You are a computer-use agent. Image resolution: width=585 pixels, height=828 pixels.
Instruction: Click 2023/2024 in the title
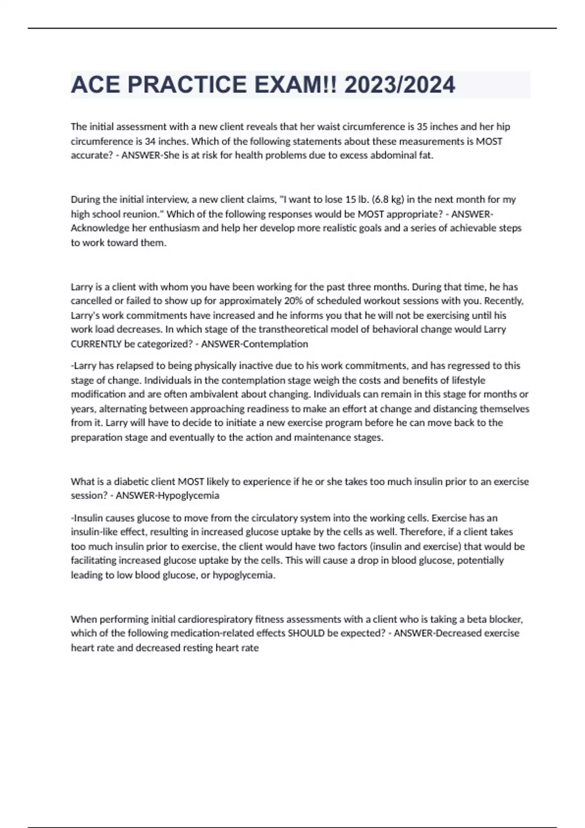[400, 85]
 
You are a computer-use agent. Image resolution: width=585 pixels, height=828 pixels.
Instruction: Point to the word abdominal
[379, 155]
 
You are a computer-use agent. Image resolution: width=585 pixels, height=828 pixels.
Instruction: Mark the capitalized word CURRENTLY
[96, 344]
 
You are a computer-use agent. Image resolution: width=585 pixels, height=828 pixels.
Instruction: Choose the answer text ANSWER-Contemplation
[254, 344]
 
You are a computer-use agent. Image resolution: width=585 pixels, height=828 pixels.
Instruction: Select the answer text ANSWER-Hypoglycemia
[167, 495]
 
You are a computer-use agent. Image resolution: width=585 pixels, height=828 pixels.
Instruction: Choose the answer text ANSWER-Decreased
[456, 633]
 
